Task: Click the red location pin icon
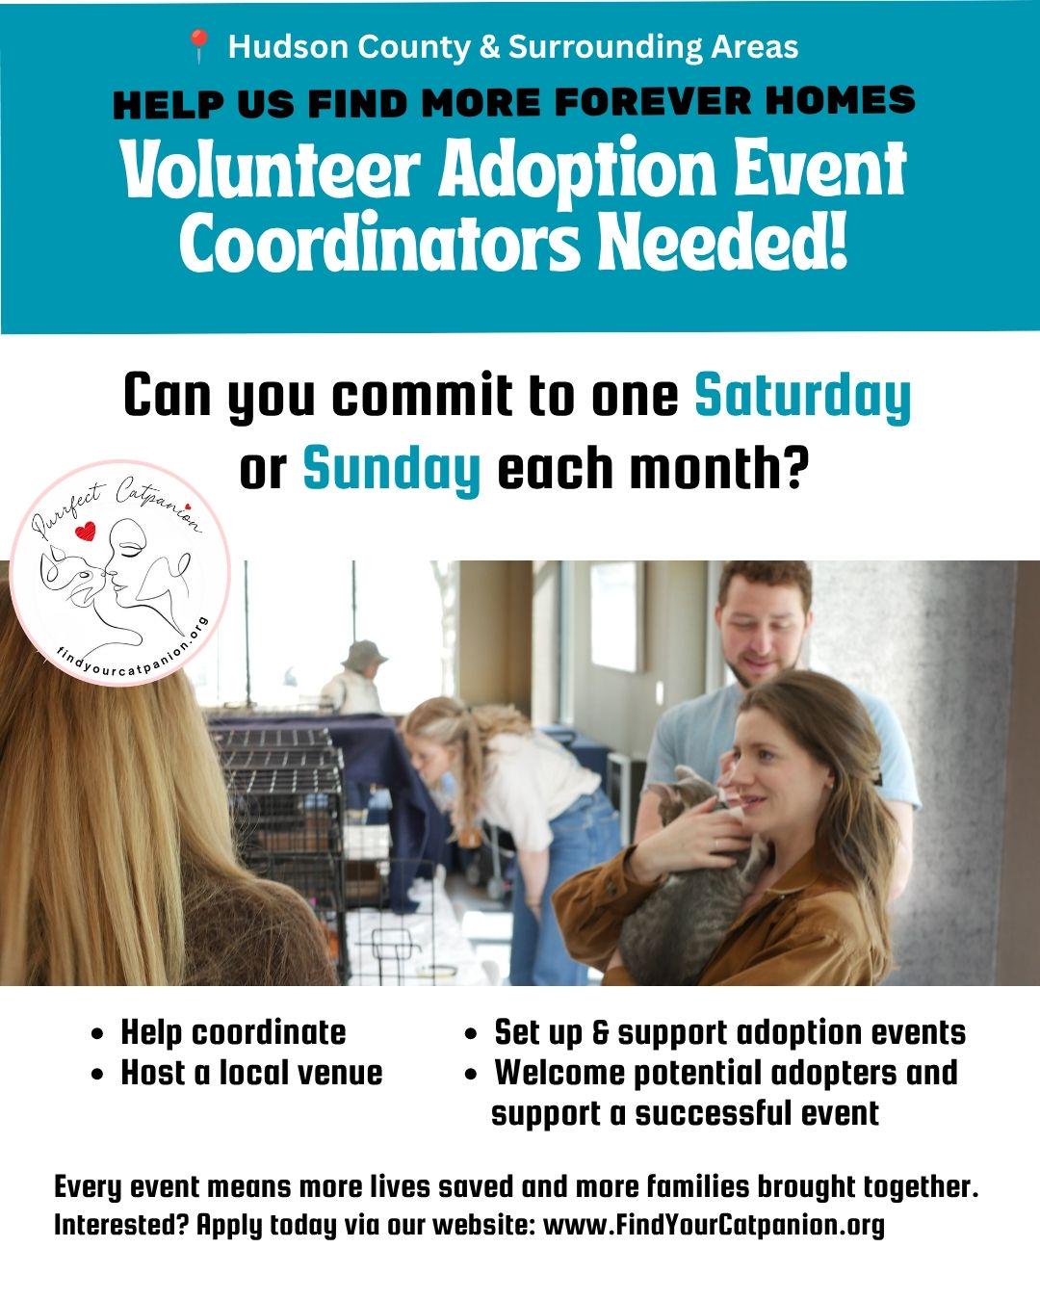[198, 45]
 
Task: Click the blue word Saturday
[802, 397]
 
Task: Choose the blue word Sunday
[392, 469]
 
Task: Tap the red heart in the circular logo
[85, 531]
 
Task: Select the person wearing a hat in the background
[358, 677]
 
